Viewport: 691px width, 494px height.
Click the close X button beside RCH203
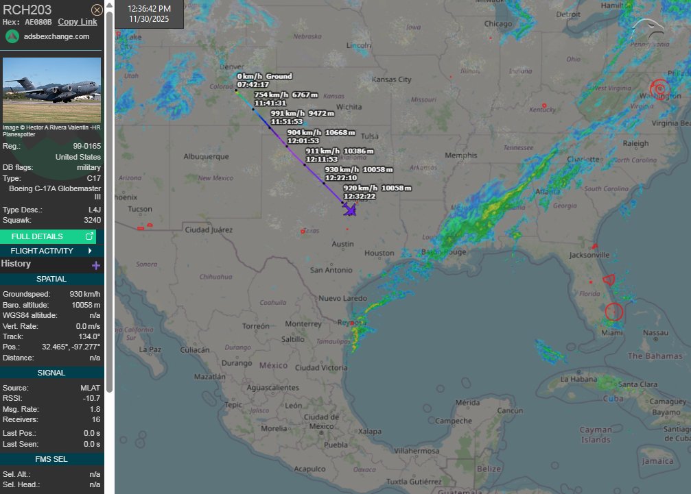[97, 10]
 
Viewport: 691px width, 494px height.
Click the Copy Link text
[78, 22]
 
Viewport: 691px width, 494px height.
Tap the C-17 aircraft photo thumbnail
[52, 89]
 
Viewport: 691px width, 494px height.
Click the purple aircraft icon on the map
[350, 210]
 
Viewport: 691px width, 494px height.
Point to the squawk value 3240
[91, 220]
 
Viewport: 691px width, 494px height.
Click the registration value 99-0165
[86, 147]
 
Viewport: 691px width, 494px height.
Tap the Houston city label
[379, 254]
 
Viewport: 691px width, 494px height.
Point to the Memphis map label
[460, 156]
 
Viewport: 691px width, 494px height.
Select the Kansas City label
[391, 80]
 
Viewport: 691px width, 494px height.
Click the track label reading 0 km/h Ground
[264, 76]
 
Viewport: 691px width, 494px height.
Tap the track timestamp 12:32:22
[359, 197]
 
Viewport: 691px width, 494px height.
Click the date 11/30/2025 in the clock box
[149, 18]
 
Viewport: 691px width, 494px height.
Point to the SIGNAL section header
[52, 373]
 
